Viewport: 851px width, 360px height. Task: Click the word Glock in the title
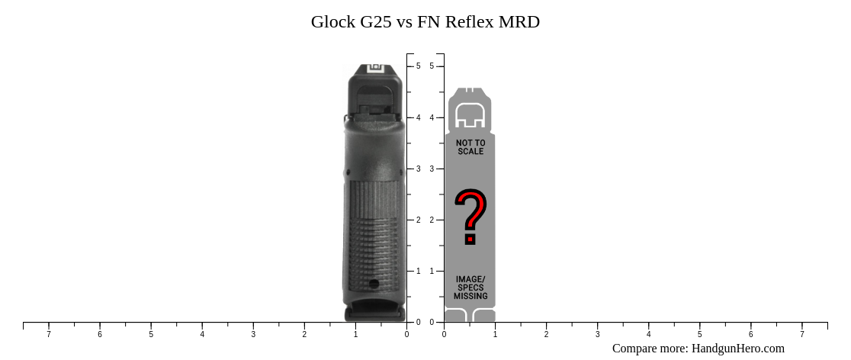(332, 22)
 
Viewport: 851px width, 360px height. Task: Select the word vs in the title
(404, 22)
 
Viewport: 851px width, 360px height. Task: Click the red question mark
(470, 217)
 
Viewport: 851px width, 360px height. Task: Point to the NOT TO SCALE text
(470, 147)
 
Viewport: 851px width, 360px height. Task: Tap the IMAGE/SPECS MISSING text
(470, 288)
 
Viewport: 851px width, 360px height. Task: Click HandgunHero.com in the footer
(737, 349)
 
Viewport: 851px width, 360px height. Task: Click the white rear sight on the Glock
(376, 69)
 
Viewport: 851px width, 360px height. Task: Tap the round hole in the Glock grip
(374, 284)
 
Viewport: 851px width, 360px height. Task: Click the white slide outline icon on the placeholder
(470, 115)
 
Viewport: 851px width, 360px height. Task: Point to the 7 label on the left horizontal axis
(49, 334)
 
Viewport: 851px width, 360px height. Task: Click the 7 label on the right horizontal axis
(801, 334)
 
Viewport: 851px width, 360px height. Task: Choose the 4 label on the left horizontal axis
(202, 334)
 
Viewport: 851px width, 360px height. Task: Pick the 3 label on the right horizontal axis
(597, 334)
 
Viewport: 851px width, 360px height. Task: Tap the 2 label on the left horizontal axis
(304, 334)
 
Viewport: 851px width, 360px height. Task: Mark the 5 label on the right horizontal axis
(699, 334)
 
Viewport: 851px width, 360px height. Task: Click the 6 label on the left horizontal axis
(100, 334)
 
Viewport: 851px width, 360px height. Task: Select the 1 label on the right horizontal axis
(495, 334)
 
